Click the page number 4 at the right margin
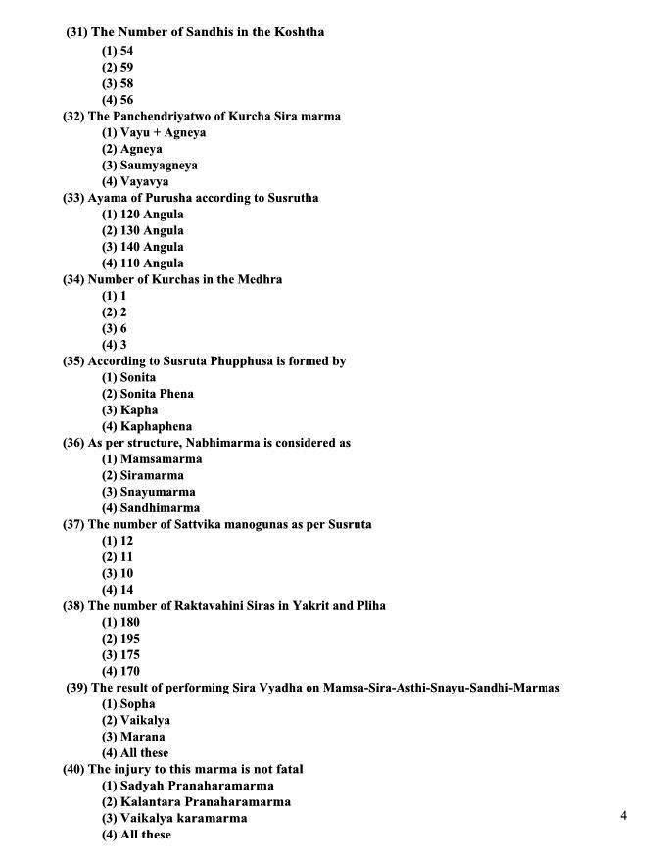(x=623, y=816)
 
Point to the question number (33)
(x=73, y=198)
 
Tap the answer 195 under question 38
(x=120, y=639)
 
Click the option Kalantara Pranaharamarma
(x=196, y=801)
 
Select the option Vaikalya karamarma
(x=174, y=818)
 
